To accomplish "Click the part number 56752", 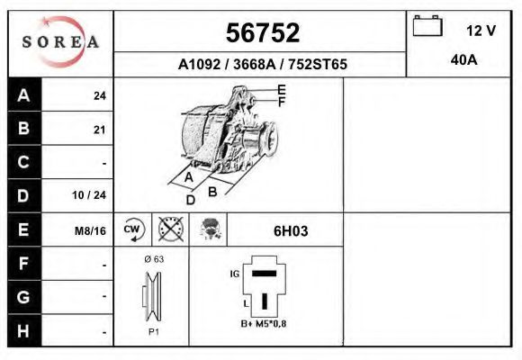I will point(261,33).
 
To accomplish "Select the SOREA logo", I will point(60,42).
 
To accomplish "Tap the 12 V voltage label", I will point(481,30).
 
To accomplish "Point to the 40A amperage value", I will point(463,60).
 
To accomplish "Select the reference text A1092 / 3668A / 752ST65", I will point(262,65).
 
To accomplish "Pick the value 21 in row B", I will point(99,130).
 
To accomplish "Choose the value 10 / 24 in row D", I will point(94,194).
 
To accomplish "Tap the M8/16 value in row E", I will point(91,230).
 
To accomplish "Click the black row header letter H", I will point(24,330).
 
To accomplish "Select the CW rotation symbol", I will point(133,229).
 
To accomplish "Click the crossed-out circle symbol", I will point(169,229).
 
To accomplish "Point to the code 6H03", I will point(290,230).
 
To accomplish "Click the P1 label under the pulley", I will point(154,331).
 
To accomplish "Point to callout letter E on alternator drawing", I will point(282,89).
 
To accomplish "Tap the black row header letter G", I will point(24,295).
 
